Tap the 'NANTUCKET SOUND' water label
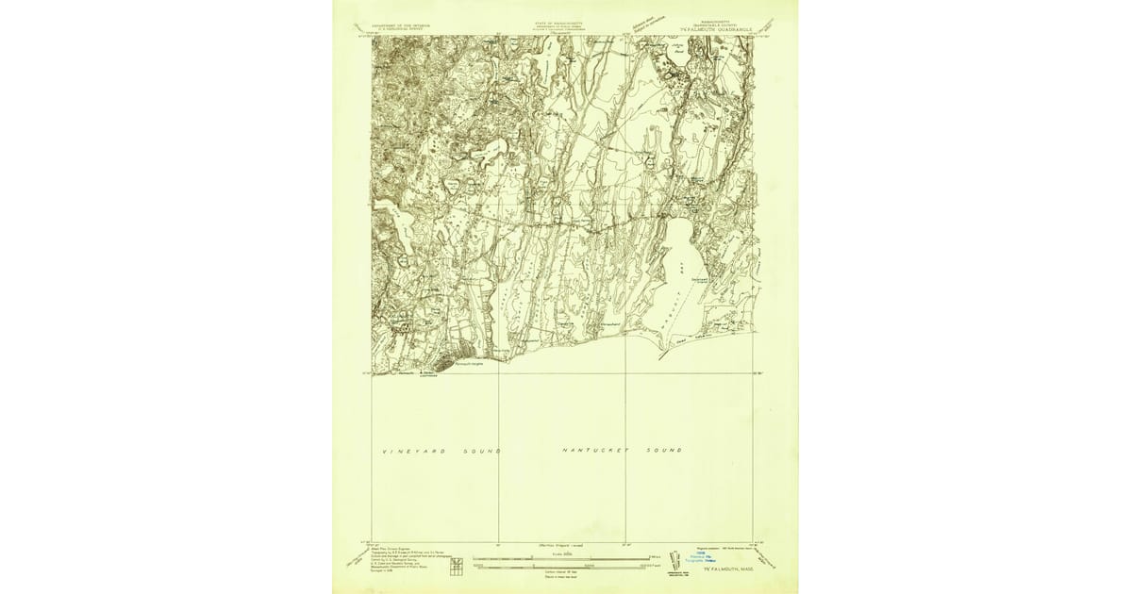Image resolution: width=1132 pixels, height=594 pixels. (x=622, y=451)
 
